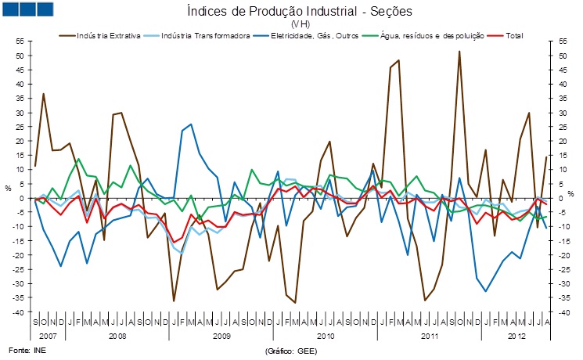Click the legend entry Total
513,36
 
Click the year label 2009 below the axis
221,335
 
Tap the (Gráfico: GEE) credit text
291,350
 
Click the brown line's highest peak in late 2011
459,51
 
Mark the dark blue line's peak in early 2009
191,124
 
